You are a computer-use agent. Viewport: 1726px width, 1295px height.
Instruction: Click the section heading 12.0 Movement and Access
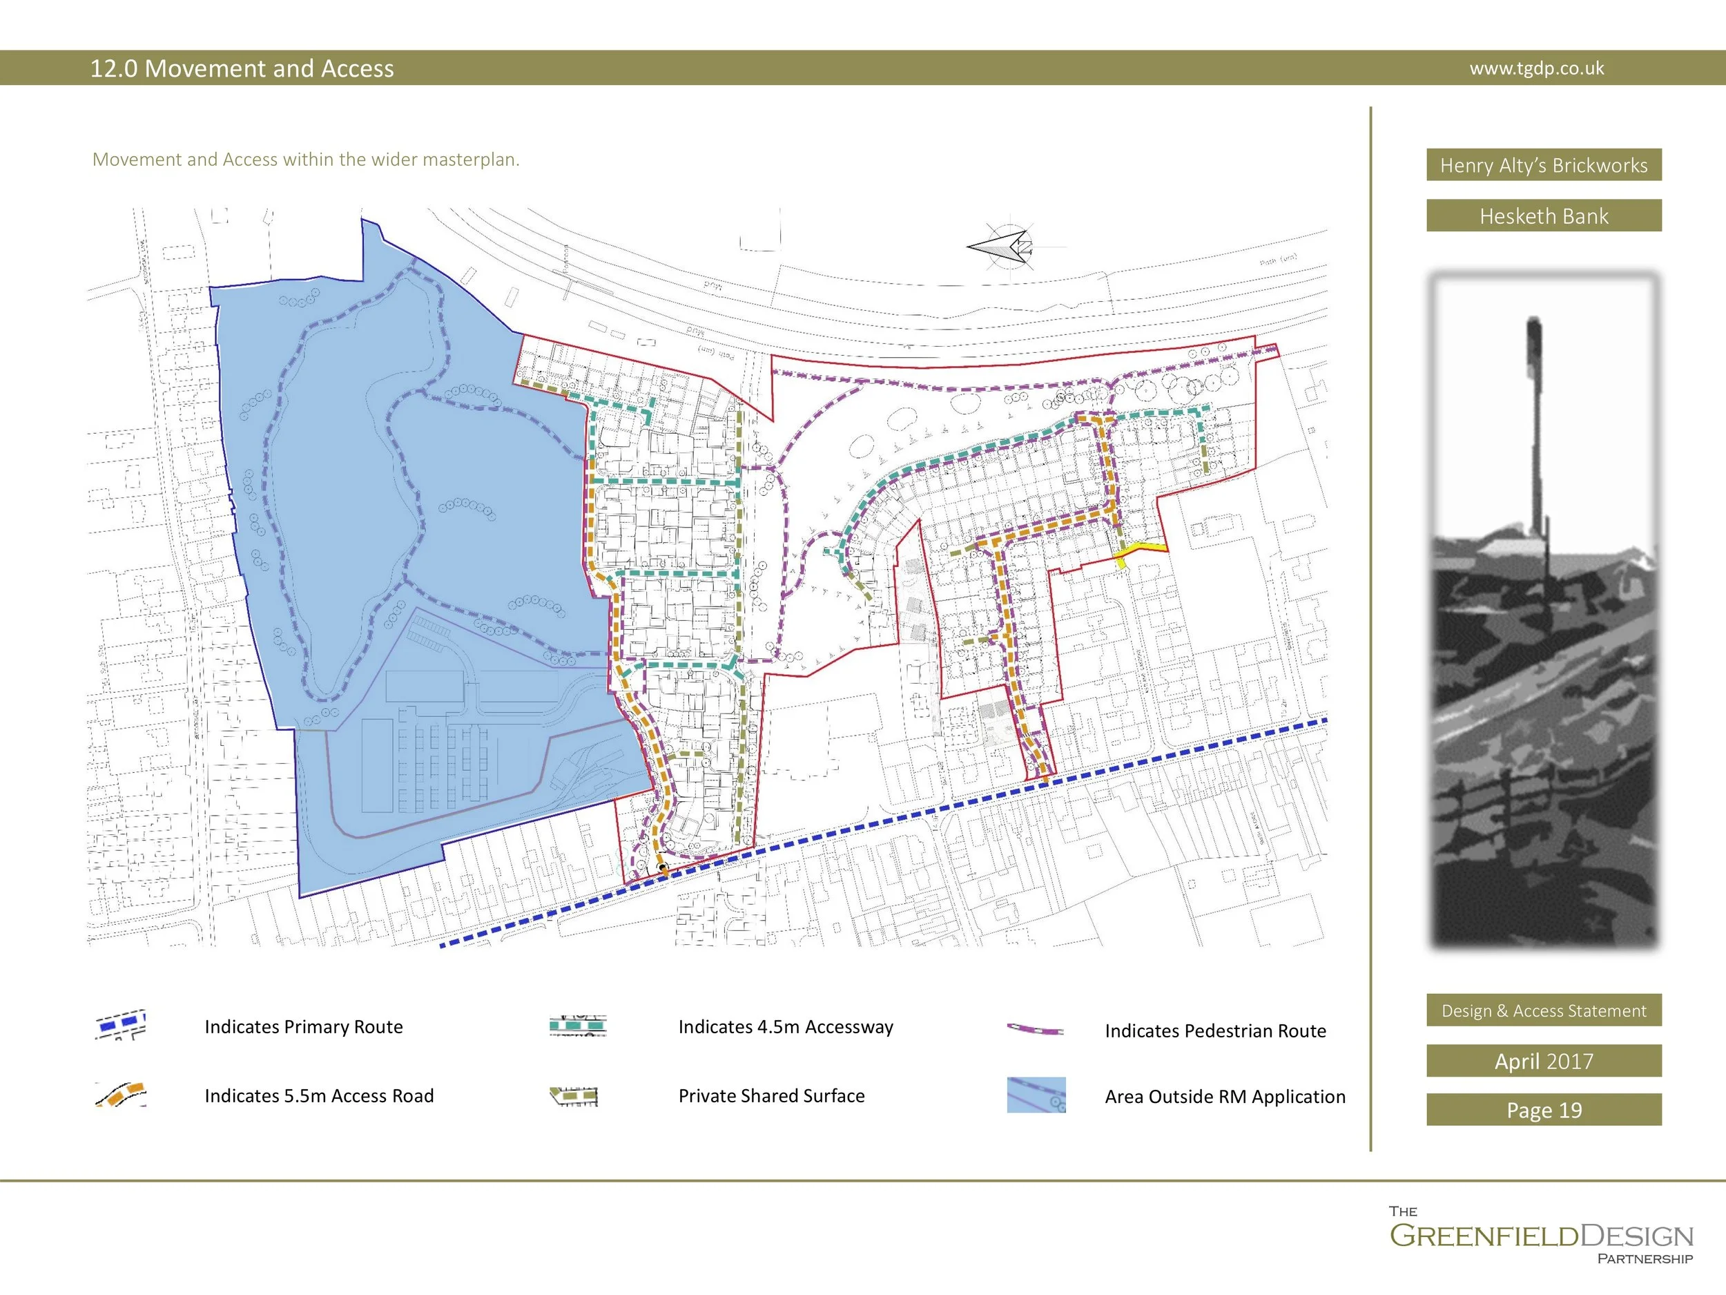pyautogui.click(x=242, y=68)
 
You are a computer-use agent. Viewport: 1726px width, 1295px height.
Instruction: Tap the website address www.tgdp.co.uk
pyautogui.click(x=1536, y=68)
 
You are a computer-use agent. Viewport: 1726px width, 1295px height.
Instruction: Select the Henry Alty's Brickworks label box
pyautogui.click(x=1544, y=164)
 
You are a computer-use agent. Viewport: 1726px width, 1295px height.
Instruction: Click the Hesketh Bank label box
pyautogui.click(x=1544, y=215)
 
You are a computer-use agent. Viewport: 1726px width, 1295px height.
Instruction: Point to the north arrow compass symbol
pyautogui.click(x=1007, y=247)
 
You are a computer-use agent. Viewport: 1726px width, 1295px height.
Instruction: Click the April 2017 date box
pyautogui.click(x=1544, y=1061)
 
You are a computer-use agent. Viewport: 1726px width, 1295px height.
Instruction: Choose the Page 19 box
pyautogui.click(x=1544, y=1110)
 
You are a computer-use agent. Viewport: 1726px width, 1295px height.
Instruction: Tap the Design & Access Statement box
pyautogui.click(x=1544, y=1010)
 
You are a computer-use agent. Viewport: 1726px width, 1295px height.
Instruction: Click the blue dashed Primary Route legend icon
pyautogui.click(x=121, y=1024)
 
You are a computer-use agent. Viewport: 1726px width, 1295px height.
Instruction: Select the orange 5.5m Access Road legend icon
pyautogui.click(x=121, y=1095)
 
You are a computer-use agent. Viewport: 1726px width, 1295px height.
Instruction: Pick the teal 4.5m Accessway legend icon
pyautogui.click(x=577, y=1026)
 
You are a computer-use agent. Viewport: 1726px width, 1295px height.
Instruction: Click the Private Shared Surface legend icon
pyautogui.click(x=574, y=1096)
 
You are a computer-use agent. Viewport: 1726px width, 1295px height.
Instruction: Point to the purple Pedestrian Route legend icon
pyautogui.click(x=1036, y=1030)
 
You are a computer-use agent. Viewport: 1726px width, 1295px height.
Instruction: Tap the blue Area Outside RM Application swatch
pyautogui.click(x=1036, y=1095)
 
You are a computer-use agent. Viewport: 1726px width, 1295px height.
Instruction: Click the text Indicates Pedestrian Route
pyautogui.click(x=1215, y=1030)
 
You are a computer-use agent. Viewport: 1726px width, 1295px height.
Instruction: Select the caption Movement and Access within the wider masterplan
pyautogui.click(x=306, y=160)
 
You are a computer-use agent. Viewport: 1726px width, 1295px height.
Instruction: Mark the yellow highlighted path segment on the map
pyautogui.click(x=1141, y=551)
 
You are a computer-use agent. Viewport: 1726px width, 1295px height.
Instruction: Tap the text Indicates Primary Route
pyautogui.click(x=304, y=1026)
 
